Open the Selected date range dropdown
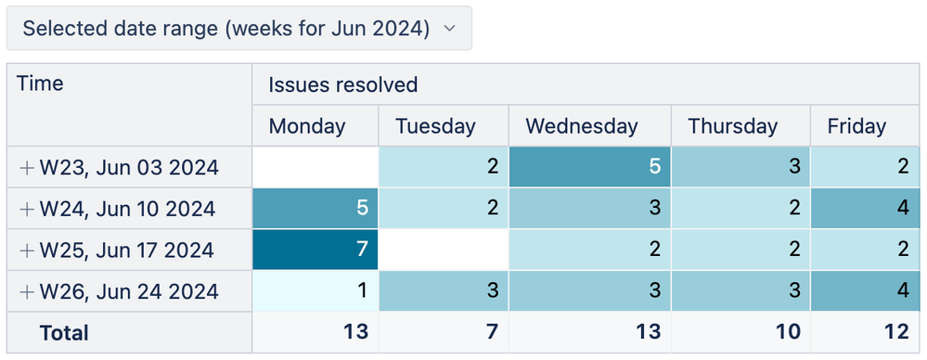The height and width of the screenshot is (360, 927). [x=238, y=29]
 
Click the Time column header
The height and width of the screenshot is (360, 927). [x=41, y=84]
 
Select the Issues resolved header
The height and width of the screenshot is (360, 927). [x=343, y=85]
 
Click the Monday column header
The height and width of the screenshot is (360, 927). [x=306, y=126]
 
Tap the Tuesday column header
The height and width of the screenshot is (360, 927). [x=434, y=126]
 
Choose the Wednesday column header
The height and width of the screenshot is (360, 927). [x=581, y=126]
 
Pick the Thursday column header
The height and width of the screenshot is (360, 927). [x=732, y=126]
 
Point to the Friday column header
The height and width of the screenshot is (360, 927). [x=856, y=126]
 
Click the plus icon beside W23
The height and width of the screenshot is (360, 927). [x=27, y=168]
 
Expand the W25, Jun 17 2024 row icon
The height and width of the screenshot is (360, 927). [x=27, y=251]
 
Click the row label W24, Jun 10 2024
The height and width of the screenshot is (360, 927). [x=127, y=209]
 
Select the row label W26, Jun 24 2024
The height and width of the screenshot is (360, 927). [x=128, y=291]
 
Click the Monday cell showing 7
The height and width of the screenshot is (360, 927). [x=315, y=250]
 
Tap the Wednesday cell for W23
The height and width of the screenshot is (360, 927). [x=589, y=167]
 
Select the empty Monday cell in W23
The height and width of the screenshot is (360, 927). [x=315, y=167]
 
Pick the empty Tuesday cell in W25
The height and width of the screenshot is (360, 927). [x=444, y=250]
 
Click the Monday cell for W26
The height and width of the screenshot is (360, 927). [x=315, y=291]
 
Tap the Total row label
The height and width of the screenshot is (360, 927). [x=64, y=332]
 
